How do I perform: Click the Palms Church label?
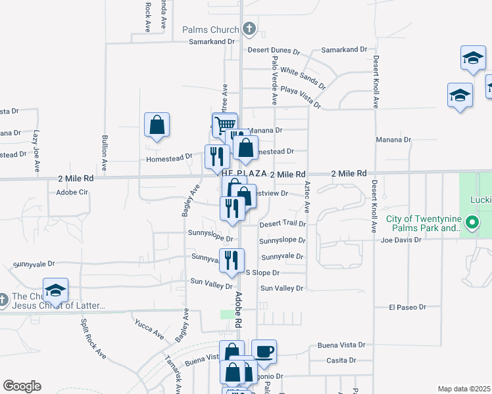tap(210, 30)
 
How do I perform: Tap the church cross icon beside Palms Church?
tap(249, 29)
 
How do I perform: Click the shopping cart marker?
tap(224, 124)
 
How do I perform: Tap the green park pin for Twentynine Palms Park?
tap(471, 223)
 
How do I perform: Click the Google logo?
tap(22, 386)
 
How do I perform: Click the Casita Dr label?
tap(341, 361)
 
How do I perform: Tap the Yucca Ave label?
tap(149, 329)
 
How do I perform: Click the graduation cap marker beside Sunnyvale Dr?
tap(56, 290)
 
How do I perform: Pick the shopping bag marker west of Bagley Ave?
tap(157, 125)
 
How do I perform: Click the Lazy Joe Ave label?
tap(36, 144)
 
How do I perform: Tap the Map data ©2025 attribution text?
tap(464, 389)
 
